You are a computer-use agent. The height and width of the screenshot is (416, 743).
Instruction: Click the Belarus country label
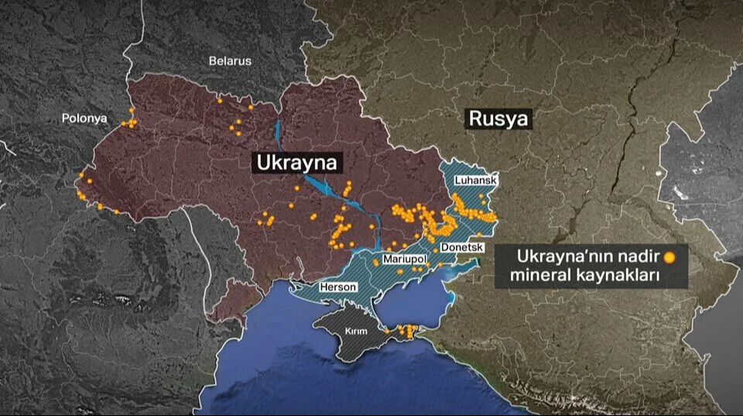230,61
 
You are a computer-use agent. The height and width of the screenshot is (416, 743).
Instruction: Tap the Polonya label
84,119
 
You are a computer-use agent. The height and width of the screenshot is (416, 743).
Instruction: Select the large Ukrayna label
298,163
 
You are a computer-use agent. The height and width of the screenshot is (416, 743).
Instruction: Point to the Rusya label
499,119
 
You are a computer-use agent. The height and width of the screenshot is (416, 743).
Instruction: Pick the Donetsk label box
461,247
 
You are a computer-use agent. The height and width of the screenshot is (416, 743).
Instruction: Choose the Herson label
339,287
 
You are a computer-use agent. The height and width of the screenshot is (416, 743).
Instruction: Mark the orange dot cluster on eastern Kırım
403,332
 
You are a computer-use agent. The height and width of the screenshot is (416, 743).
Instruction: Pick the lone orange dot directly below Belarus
219,100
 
